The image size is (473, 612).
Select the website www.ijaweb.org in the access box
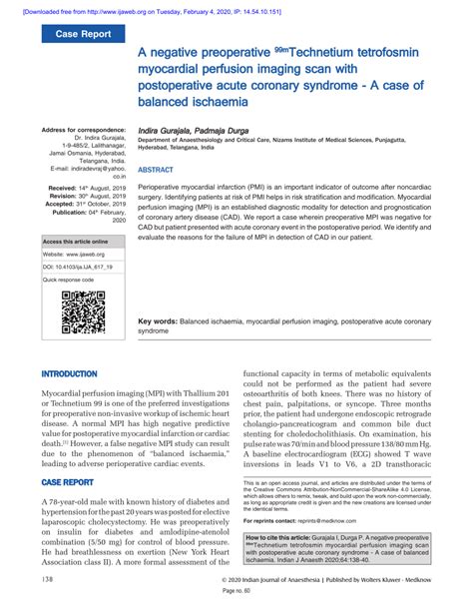pos(84,255)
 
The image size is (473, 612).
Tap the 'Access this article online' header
pos(75,242)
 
